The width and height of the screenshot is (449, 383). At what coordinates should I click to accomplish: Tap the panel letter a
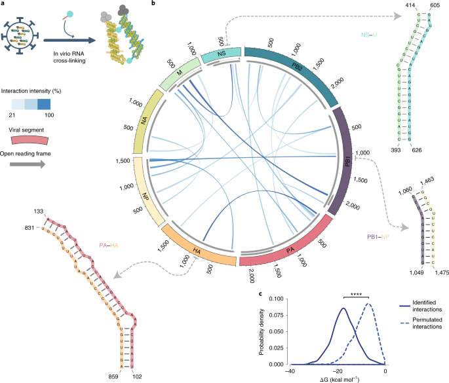4,5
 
